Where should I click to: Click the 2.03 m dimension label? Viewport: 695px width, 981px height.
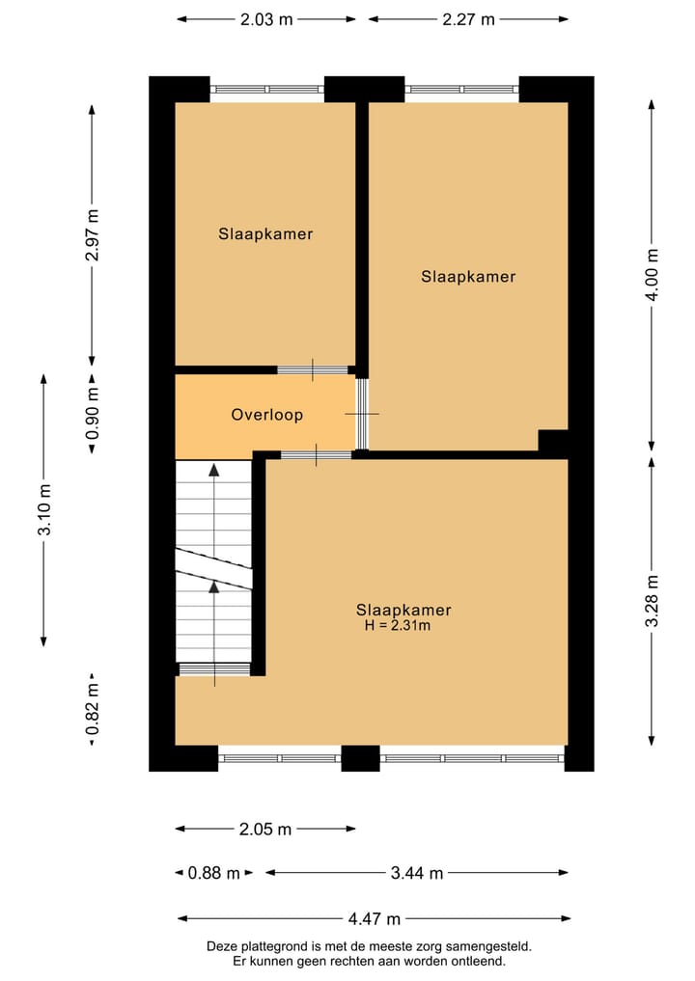(265, 19)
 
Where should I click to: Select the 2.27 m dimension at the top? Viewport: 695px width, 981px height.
(468, 19)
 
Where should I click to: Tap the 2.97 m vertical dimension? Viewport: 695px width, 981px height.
(92, 235)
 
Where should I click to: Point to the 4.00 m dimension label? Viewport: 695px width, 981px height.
(653, 275)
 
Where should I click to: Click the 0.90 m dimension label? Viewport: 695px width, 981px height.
(92, 414)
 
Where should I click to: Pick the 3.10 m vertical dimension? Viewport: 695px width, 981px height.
(44, 510)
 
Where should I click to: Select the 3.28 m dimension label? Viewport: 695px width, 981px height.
(653, 600)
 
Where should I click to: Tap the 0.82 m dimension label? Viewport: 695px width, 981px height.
(92, 709)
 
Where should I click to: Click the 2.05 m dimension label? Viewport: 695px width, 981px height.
(264, 829)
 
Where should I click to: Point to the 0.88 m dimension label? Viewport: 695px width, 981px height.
(213, 873)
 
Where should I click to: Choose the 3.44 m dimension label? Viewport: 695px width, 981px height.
(416, 873)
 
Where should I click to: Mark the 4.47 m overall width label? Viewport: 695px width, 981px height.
(374, 918)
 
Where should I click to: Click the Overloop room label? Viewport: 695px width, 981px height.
(266, 415)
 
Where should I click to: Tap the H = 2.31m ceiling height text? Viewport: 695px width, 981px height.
(397, 626)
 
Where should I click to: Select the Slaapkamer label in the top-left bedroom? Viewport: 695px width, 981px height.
(265, 233)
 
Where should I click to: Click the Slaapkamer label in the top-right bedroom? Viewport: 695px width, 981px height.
(468, 277)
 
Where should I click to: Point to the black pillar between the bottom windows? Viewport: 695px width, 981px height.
(360, 758)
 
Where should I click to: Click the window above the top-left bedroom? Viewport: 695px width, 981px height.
(266, 89)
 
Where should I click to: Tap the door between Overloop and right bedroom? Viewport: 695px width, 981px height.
(362, 414)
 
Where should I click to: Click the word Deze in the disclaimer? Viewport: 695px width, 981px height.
(223, 947)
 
